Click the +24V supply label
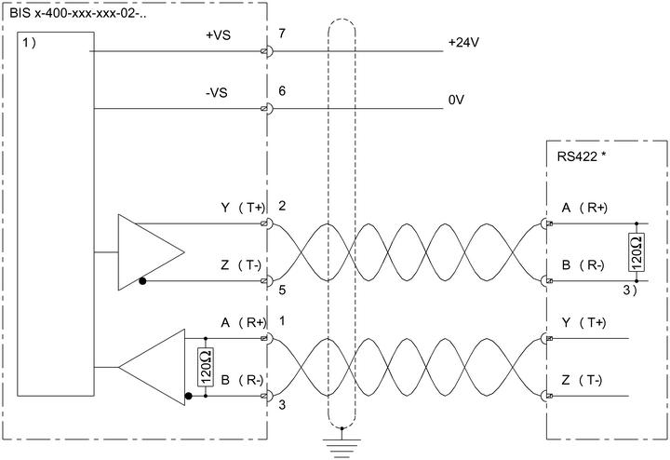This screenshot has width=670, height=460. click(x=463, y=42)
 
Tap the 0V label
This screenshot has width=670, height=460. click(x=456, y=100)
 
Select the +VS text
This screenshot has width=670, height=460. click(x=218, y=35)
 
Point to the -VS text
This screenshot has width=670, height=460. click(x=216, y=92)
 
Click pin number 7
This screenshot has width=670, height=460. click(x=282, y=34)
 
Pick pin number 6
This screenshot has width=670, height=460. click(x=282, y=90)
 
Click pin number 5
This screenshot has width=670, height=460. click(x=282, y=291)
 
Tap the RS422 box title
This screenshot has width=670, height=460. click(x=581, y=156)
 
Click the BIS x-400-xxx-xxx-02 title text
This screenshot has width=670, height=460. click(x=78, y=13)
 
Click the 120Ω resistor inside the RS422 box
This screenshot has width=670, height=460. click(x=636, y=252)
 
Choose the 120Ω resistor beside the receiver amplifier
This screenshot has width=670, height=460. click(x=206, y=367)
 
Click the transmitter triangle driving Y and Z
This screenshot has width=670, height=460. click(x=152, y=252)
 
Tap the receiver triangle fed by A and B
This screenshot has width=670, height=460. click(x=152, y=367)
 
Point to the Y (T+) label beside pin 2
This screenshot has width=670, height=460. click(x=243, y=208)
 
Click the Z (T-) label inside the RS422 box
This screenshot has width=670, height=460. click(x=582, y=380)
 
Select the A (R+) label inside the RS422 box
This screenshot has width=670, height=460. click(x=584, y=208)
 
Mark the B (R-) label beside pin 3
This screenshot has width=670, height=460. click(x=242, y=380)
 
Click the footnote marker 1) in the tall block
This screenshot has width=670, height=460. click(x=30, y=43)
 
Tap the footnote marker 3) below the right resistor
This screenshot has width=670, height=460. click(x=630, y=290)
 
